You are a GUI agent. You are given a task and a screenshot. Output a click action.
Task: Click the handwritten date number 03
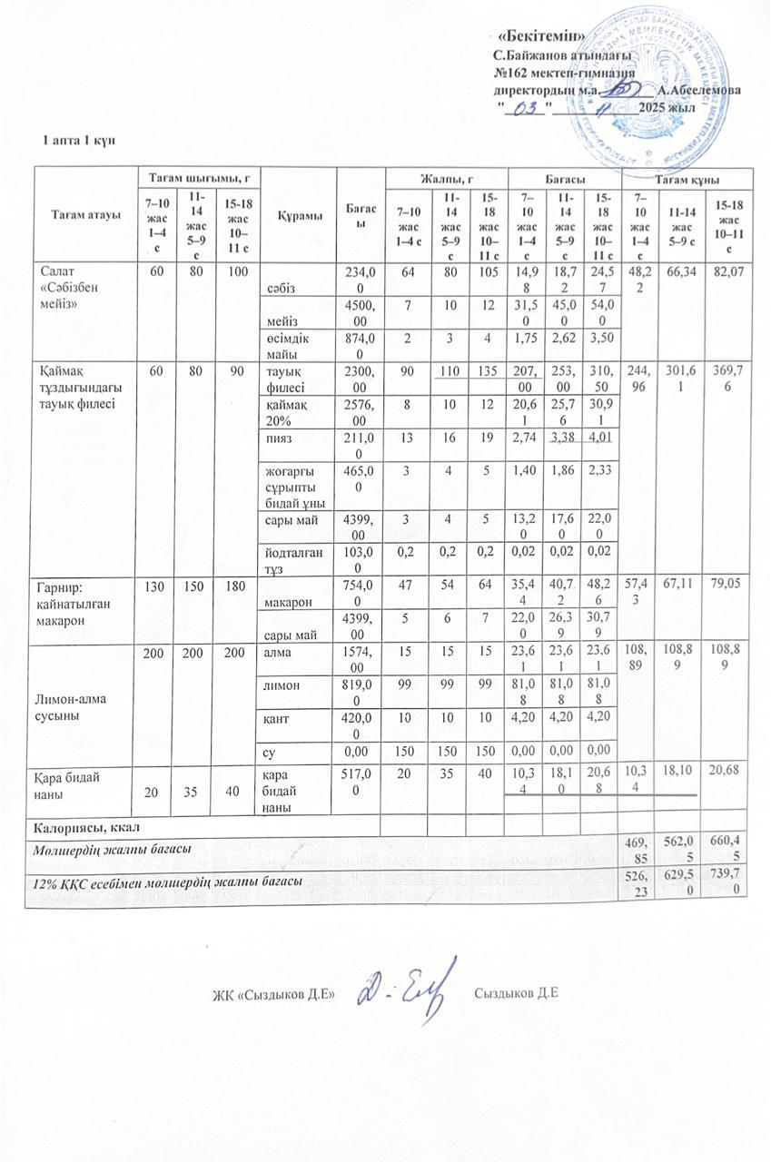click(x=525, y=108)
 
